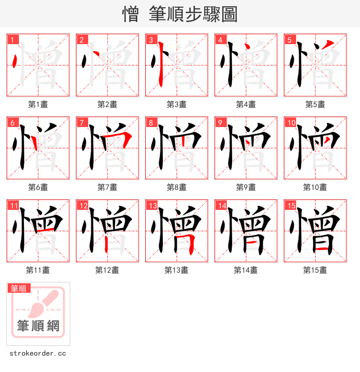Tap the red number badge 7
click(81, 122)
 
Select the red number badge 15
click(290, 205)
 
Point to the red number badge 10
click(290, 122)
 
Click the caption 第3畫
click(176, 104)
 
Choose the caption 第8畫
click(176, 187)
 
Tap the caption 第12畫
click(107, 270)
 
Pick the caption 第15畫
click(315, 270)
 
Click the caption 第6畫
click(38, 187)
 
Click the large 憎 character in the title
click(131, 14)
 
